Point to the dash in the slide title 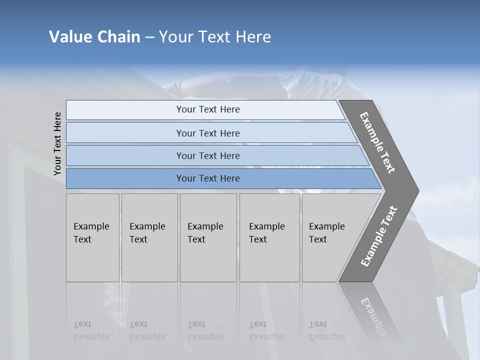[x=149, y=37]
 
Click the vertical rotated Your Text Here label [x=57, y=143]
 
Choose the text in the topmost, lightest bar [x=208, y=109]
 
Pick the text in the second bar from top [x=208, y=133]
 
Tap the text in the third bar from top [x=208, y=155]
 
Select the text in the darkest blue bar [x=208, y=178]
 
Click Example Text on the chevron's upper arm [x=377, y=142]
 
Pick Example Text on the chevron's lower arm [x=379, y=236]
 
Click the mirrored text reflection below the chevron [x=375, y=317]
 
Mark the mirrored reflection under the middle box [x=205, y=330]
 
